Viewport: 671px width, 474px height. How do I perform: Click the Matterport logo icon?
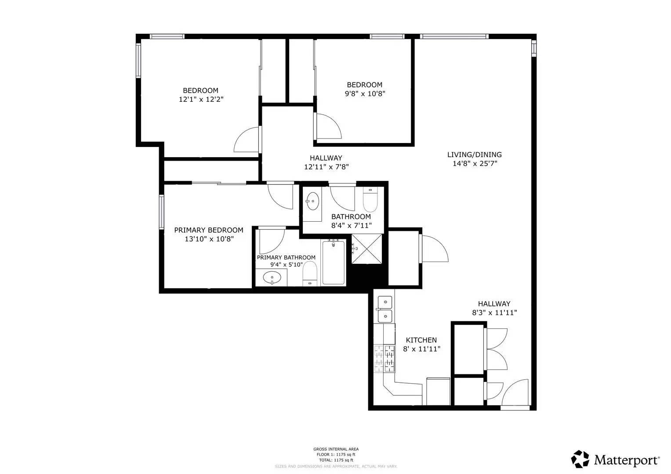click(580, 459)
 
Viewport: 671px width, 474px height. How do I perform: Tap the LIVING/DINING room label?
click(474, 154)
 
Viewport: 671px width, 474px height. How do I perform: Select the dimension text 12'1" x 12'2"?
click(201, 100)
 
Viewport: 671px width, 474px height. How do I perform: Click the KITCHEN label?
click(421, 340)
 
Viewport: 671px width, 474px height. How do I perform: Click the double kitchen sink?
click(385, 309)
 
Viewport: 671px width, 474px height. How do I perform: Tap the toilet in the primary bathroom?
click(310, 274)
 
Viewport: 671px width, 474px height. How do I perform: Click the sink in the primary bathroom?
click(272, 278)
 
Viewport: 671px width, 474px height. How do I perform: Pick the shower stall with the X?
click(367, 249)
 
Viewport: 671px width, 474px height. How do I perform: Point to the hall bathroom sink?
click(313, 201)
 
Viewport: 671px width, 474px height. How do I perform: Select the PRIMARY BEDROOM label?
click(208, 230)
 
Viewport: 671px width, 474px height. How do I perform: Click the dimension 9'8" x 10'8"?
click(365, 93)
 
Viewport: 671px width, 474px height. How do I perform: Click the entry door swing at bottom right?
click(515, 393)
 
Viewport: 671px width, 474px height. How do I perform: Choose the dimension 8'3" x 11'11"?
click(494, 313)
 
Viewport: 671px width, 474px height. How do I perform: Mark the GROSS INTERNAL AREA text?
click(336, 449)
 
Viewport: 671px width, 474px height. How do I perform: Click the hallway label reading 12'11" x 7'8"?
click(326, 167)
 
